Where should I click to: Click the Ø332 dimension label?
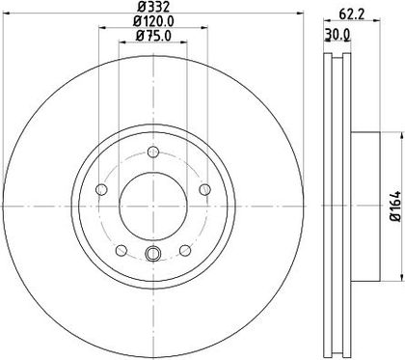point(153,6)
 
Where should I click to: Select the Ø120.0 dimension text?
point(153,21)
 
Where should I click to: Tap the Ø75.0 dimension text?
point(153,35)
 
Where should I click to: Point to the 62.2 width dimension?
point(352,14)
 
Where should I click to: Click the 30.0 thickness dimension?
point(337,34)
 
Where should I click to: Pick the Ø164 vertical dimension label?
point(395,207)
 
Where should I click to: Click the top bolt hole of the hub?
point(153,152)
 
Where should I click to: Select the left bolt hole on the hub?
point(101,189)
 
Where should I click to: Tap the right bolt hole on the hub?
point(204,189)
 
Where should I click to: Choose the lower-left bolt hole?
point(121,250)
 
